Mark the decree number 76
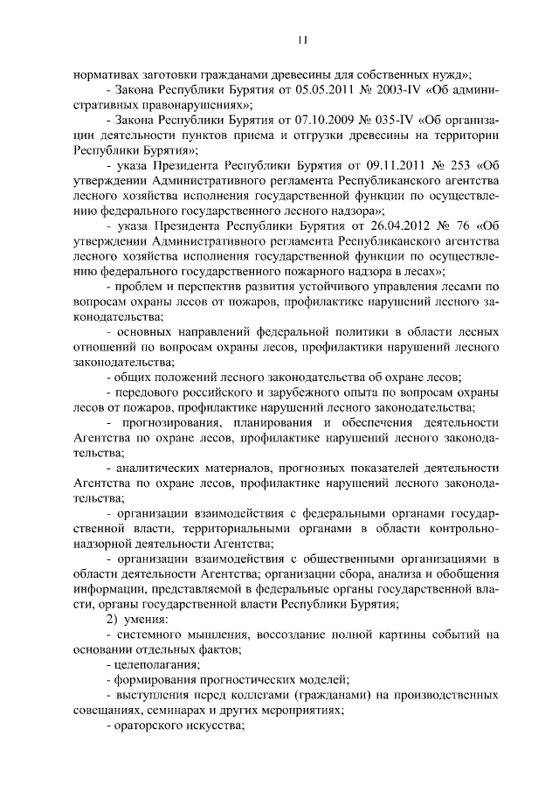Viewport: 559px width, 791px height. (x=459, y=224)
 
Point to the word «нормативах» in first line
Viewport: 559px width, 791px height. (x=106, y=74)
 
